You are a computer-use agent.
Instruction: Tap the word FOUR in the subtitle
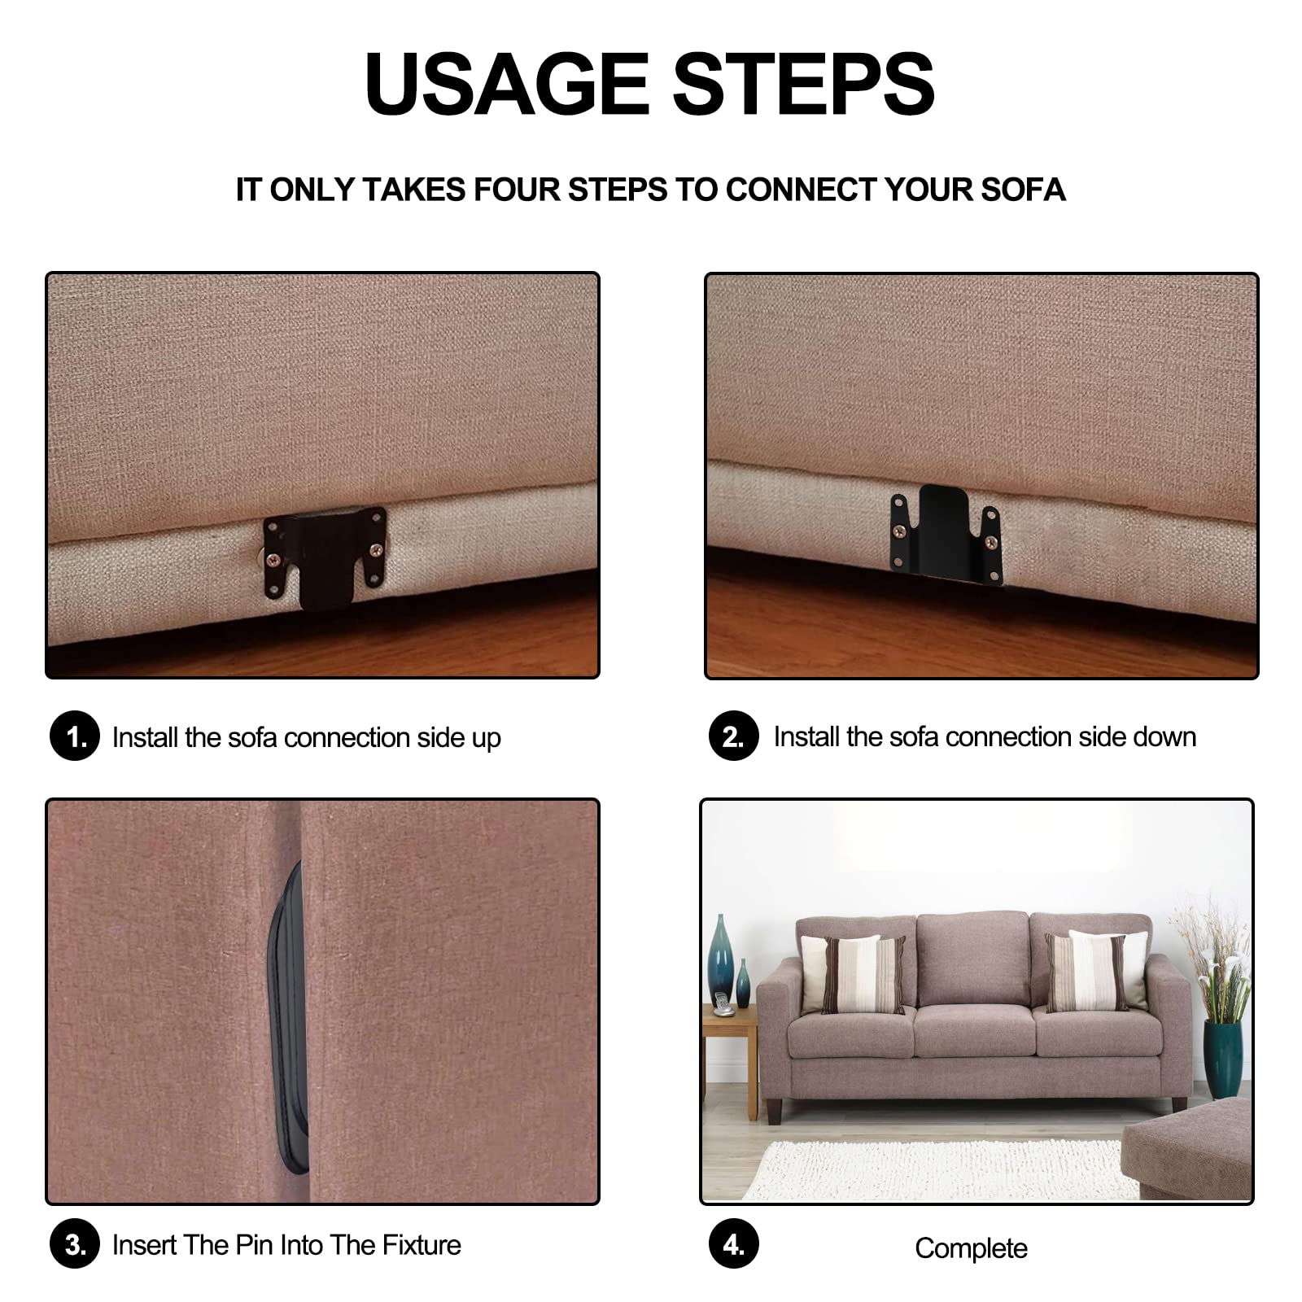[519, 190]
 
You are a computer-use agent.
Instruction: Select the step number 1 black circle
[74, 736]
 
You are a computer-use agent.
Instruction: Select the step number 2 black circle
[733, 736]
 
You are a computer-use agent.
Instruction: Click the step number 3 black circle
[74, 1244]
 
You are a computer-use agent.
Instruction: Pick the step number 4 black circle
[733, 1244]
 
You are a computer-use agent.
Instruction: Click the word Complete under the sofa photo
[971, 1248]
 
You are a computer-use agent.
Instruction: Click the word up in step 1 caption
[485, 738]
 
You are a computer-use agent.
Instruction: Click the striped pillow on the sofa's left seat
[854, 974]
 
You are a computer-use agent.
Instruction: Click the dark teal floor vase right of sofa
[1222, 1058]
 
